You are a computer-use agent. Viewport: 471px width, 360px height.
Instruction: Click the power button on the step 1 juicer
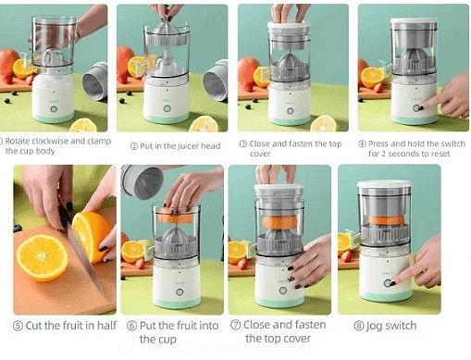coord(54,109)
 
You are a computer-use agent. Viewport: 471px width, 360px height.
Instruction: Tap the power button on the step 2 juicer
coord(167,108)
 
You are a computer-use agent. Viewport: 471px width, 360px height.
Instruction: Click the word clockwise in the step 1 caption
coord(50,141)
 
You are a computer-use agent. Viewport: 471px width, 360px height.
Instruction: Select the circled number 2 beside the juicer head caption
coord(134,146)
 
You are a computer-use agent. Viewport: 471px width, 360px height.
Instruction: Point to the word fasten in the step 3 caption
coord(302,143)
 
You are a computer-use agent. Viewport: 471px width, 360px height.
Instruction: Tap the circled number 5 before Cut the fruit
coord(18,326)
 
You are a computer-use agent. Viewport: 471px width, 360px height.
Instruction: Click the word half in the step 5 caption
coord(106,325)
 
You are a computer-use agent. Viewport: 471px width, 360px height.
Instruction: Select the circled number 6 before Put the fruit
coord(132,326)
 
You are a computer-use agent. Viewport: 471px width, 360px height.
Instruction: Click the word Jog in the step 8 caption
coord(374,327)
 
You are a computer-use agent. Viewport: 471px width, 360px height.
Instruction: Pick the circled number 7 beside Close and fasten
coord(236,325)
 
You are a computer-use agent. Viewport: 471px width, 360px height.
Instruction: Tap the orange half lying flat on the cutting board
coord(43,257)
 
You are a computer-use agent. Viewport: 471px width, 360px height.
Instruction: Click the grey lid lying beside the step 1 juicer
coord(95,81)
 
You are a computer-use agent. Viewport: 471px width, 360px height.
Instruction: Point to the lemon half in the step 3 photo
coord(324,123)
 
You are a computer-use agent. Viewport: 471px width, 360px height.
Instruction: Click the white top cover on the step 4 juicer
coord(414,21)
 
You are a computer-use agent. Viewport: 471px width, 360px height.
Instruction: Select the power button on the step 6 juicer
coord(180,292)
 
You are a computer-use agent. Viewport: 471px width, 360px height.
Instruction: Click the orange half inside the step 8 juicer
coord(386,220)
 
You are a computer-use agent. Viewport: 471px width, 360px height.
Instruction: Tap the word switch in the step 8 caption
coord(401,326)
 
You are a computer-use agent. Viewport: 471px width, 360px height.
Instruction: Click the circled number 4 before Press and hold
coord(362,143)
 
